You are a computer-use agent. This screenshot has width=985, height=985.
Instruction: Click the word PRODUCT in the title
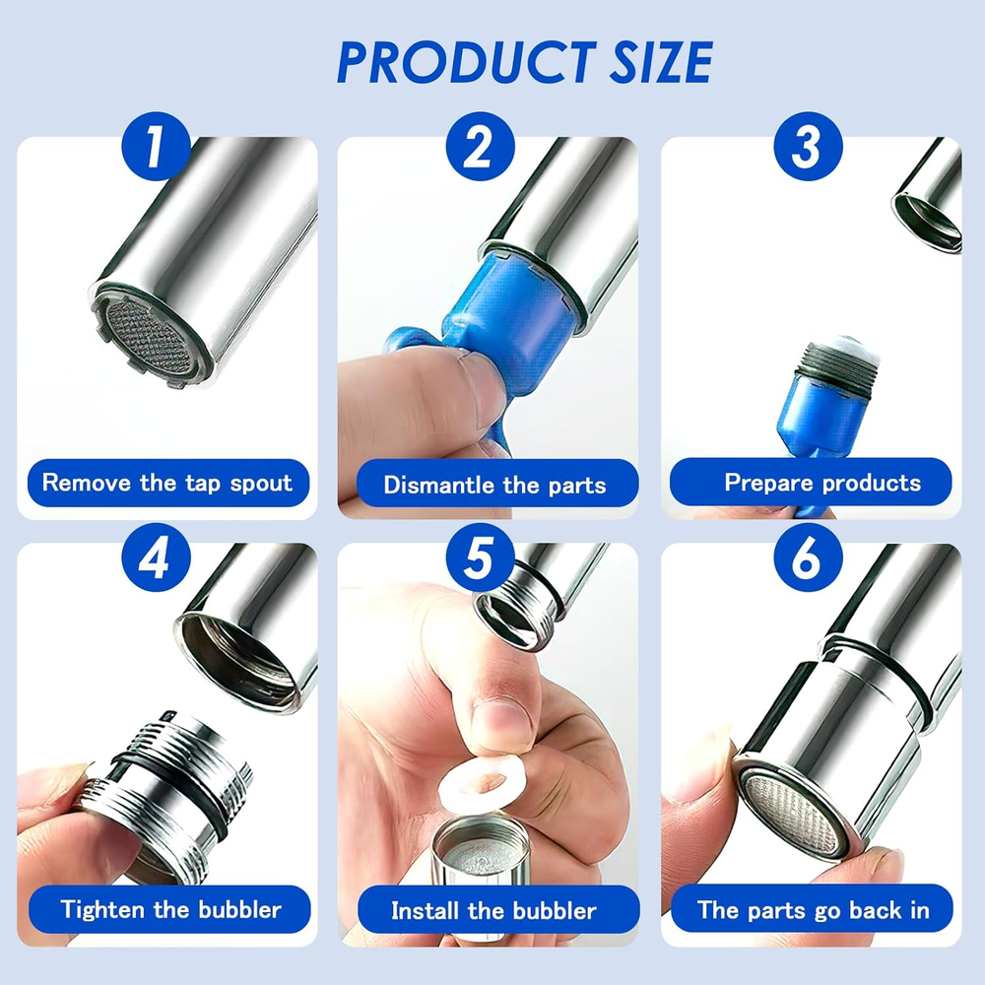click(467, 62)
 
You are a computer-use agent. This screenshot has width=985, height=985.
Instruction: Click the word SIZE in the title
click(662, 62)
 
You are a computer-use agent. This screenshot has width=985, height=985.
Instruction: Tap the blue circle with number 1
click(156, 147)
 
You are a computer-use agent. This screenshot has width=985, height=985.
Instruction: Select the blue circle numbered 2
click(480, 147)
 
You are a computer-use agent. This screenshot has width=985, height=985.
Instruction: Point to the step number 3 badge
click(808, 147)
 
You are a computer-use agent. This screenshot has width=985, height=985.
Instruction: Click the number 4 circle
click(156, 558)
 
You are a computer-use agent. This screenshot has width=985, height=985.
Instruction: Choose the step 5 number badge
click(480, 558)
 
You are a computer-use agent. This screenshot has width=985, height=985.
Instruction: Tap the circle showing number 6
click(808, 558)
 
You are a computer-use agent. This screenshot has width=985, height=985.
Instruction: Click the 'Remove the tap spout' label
click(167, 483)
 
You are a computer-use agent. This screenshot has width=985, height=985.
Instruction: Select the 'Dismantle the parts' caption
click(496, 485)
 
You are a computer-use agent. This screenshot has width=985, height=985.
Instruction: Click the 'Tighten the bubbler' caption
click(169, 909)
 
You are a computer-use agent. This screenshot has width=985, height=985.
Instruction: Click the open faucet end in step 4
click(242, 661)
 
